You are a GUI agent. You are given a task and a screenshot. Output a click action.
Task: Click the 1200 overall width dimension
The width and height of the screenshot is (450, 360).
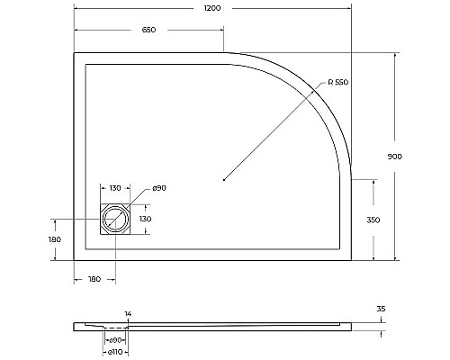click(212, 7)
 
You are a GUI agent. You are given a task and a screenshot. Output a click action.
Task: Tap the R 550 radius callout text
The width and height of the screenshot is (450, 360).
click(337, 83)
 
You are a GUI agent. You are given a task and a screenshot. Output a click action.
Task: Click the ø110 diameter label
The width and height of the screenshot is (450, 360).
click(115, 352)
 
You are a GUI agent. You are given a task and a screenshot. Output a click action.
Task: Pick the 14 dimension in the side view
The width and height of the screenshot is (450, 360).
click(129, 314)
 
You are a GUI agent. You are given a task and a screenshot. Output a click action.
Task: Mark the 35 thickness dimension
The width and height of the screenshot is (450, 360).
click(381, 309)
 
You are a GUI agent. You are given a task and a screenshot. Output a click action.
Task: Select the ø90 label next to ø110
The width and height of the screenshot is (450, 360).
click(115, 340)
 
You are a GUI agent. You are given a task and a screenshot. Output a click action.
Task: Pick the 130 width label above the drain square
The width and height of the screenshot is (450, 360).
click(115, 187)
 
